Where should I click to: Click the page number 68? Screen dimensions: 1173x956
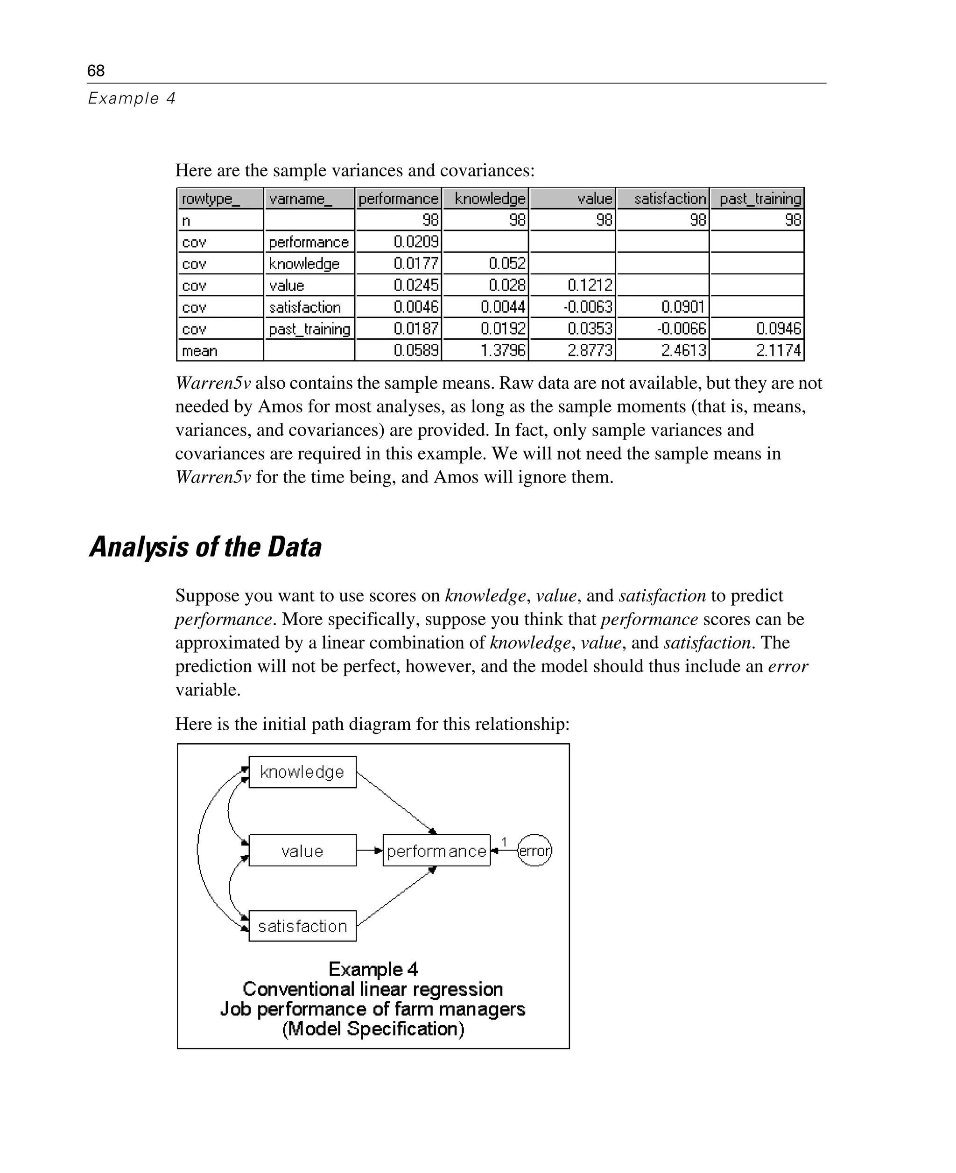point(96,70)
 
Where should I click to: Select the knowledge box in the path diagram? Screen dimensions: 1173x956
point(302,772)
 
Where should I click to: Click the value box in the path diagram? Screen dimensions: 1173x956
point(302,851)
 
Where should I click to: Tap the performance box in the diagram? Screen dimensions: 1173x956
point(436,851)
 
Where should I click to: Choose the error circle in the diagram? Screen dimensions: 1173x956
point(534,851)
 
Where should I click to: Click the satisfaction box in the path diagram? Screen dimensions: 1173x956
point(302,926)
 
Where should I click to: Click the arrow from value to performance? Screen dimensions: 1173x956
point(369,851)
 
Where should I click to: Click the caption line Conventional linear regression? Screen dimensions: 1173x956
point(373,989)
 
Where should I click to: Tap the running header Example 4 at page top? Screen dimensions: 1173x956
point(132,98)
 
